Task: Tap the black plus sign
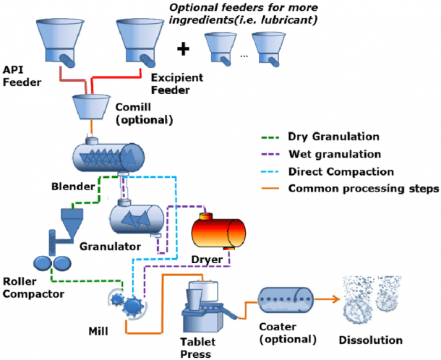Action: click(183, 49)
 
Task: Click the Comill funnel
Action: click(91, 107)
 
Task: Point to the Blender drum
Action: click(109, 157)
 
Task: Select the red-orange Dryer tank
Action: click(218, 232)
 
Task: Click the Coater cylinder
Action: click(286, 300)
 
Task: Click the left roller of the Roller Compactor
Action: click(42, 263)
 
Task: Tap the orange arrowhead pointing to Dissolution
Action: click(336, 299)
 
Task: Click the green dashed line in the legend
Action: click(270, 137)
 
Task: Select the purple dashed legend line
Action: click(270, 155)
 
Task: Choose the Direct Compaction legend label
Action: click(341, 171)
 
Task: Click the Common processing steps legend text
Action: click(364, 189)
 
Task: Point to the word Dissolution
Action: click(370, 340)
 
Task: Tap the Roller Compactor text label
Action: click(33, 288)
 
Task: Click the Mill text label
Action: click(98, 331)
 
